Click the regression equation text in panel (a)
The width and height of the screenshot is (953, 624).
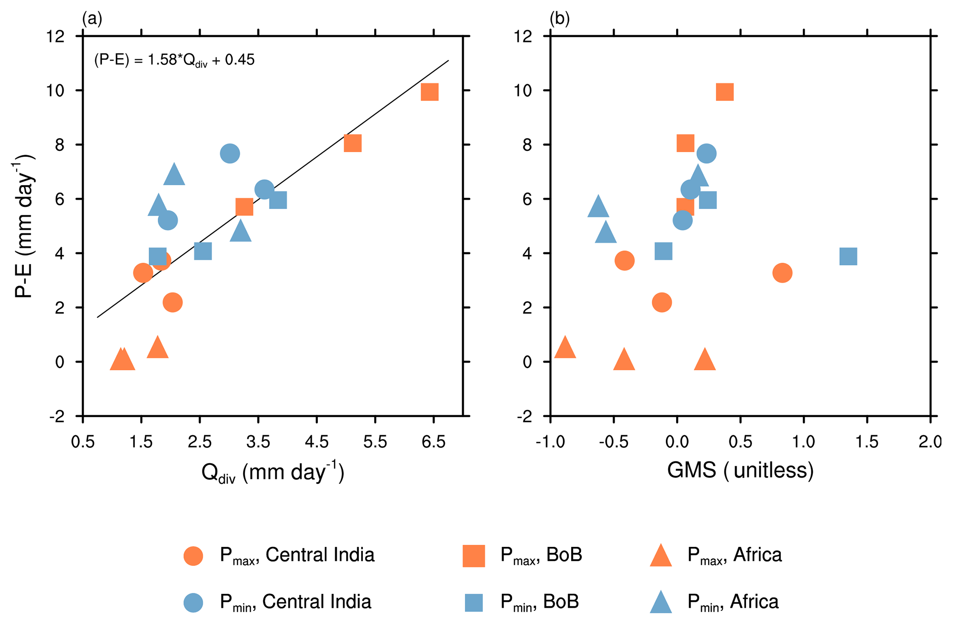pyautogui.click(x=174, y=60)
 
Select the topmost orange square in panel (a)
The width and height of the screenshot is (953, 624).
pyautogui.click(x=429, y=92)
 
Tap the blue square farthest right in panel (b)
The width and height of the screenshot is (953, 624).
pyautogui.click(x=848, y=256)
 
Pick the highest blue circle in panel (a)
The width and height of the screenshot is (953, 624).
pyautogui.click(x=230, y=154)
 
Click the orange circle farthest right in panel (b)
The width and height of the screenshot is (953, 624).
pyautogui.click(x=782, y=273)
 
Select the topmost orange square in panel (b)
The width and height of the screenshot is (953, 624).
pyautogui.click(x=724, y=92)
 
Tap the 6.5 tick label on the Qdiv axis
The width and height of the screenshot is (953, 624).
pyautogui.click(x=433, y=442)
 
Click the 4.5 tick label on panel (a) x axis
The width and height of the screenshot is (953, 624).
pyautogui.click(x=316, y=442)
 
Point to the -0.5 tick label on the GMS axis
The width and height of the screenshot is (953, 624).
pyautogui.click(x=614, y=442)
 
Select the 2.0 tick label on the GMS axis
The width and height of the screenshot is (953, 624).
pyautogui.click(x=930, y=442)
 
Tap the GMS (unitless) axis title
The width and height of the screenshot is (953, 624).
pyautogui.click(x=740, y=470)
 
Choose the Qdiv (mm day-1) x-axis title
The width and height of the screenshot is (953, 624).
pyautogui.click(x=273, y=473)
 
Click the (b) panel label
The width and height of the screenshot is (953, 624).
pyautogui.click(x=559, y=18)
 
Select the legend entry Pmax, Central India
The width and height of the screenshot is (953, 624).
pyautogui.click(x=297, y=555)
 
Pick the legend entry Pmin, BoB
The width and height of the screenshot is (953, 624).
pyautogui.click(x=539, y=602)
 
